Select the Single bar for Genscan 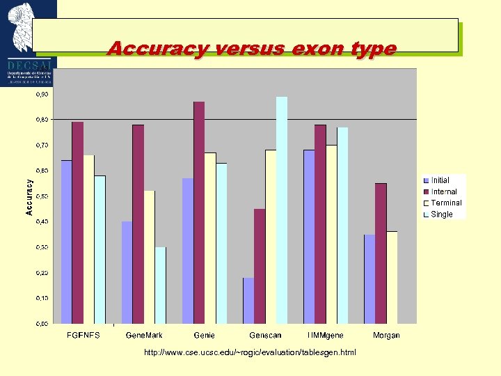point(282,210)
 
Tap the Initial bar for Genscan point(248,300)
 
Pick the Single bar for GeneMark point(161,285)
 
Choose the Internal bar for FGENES point(77,222)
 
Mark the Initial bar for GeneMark point(127,272)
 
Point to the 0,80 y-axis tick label point(42,119)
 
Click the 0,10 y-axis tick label point(42,298)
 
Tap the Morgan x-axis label point(386,335)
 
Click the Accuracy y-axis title point(29,197)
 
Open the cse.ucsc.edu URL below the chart point(250,352)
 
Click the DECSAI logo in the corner point(28,42)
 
